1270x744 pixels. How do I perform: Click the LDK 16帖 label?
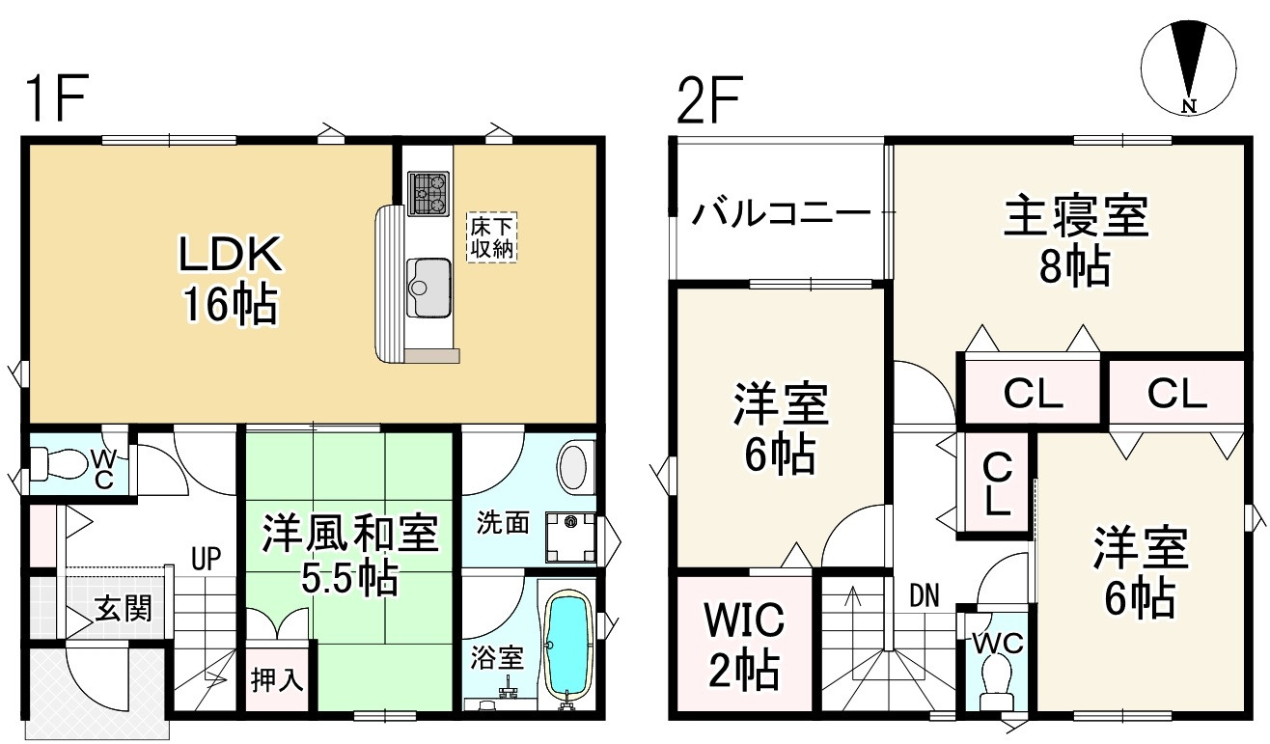tap(230, 280)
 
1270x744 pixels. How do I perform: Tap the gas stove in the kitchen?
tap(428, 193)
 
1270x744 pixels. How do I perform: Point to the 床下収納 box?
tap(493, 236)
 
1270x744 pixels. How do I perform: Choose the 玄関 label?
tap(123, 609)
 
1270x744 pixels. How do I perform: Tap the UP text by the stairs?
tap(206, 558)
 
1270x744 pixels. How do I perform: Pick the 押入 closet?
tap(278, 679)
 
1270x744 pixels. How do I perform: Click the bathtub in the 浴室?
tap(567, 644)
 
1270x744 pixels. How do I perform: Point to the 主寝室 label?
tap(1076, 217)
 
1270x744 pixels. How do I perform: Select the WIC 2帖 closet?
tap(742, 644)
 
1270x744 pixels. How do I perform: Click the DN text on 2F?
tap(925, 595)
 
